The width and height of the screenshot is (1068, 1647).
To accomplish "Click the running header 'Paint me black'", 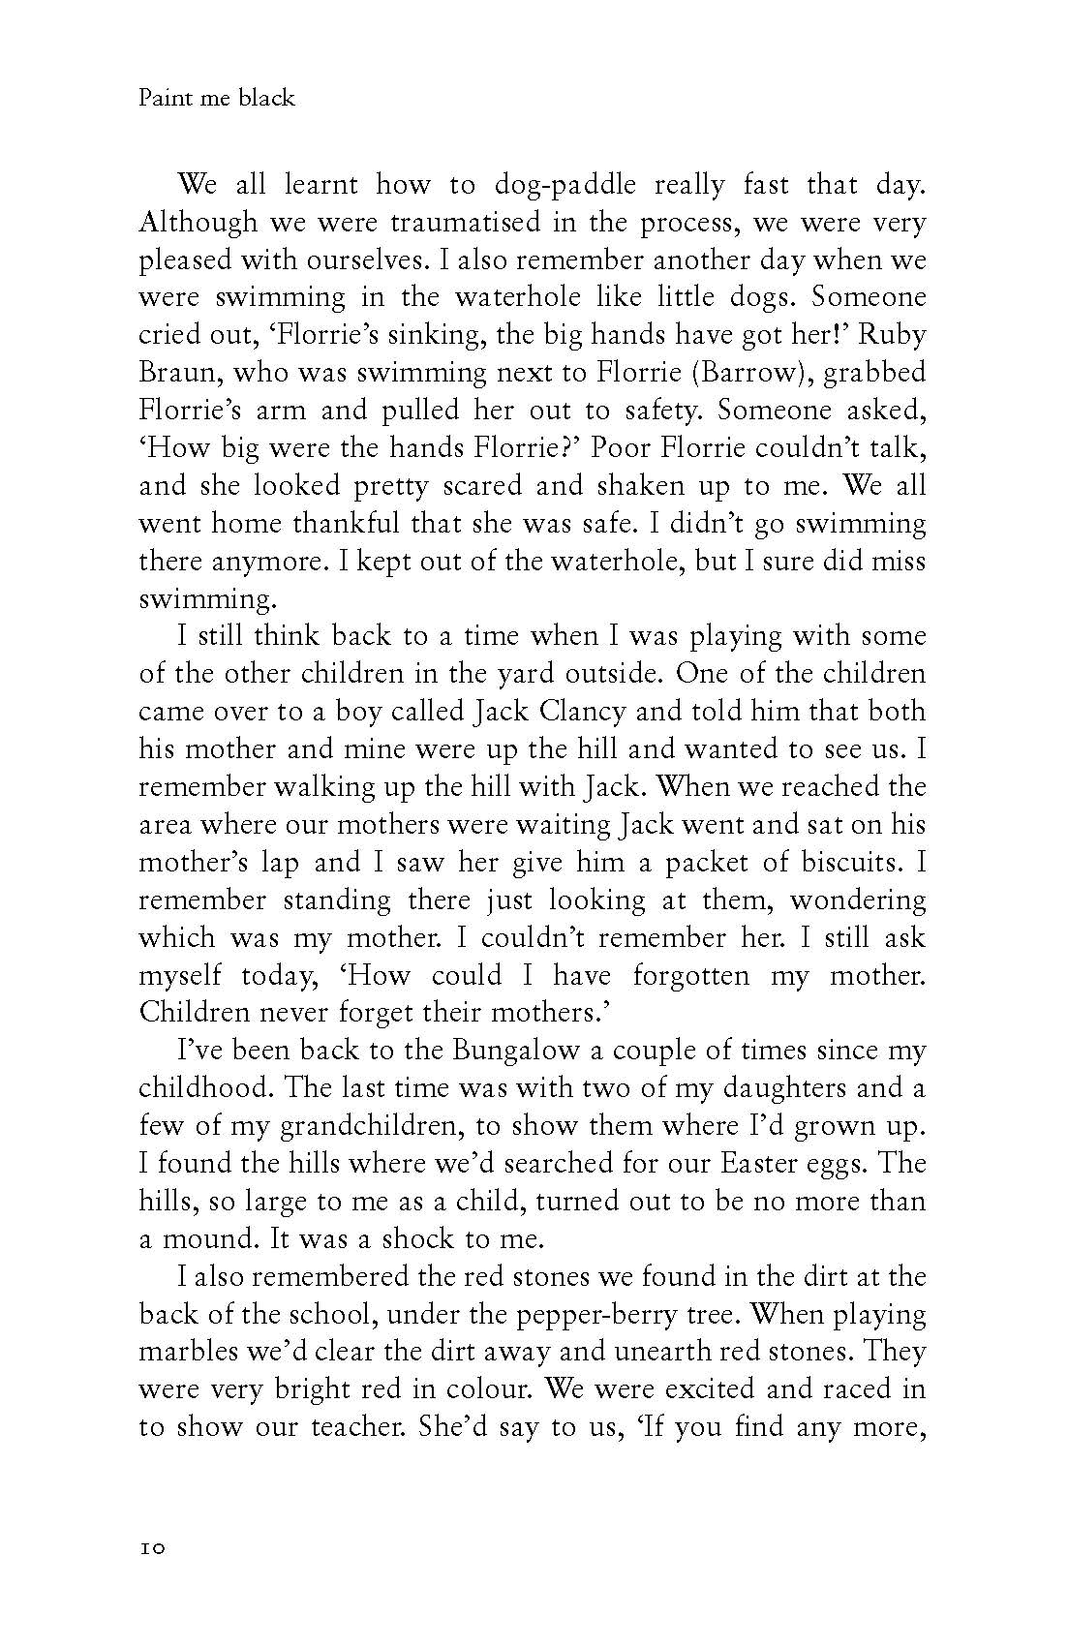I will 217,98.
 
